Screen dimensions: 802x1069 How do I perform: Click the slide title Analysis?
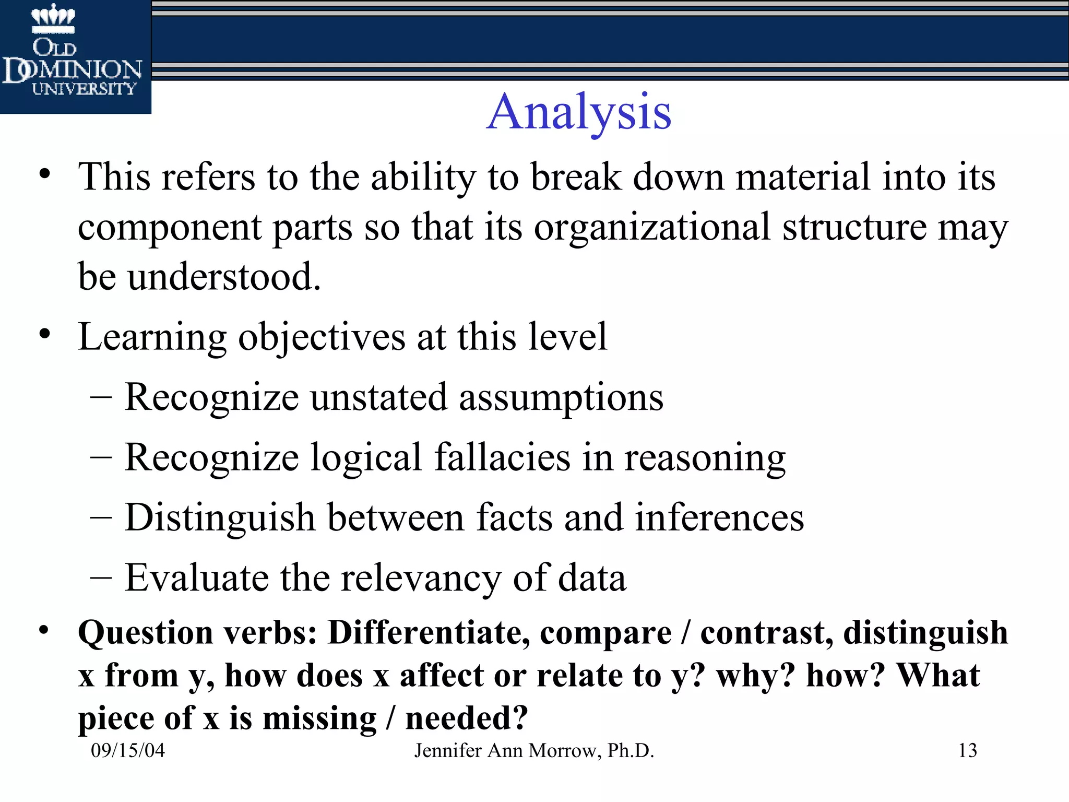[x=579, y=112]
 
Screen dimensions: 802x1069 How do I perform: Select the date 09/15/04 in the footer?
[x=128, y=750]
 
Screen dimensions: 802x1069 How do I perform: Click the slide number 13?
[x=967, y=750]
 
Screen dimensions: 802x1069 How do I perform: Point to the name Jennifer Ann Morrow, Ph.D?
[x=534, y=750]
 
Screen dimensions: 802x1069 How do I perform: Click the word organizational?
[x=652, y=227]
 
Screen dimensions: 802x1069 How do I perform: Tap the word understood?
[x=224, y=277]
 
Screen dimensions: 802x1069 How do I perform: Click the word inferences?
[x=719, y=517]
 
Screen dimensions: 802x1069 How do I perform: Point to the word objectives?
[x=322, y=337]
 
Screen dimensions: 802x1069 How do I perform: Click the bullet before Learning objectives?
[x=45, y=334]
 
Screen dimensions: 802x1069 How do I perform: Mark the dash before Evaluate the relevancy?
[x=101, y=577]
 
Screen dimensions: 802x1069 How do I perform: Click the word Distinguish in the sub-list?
[x=220, y=518]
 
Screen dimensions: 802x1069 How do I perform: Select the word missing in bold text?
[x=319, y=718]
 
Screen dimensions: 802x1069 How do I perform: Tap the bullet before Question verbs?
[x=45, y=630]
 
